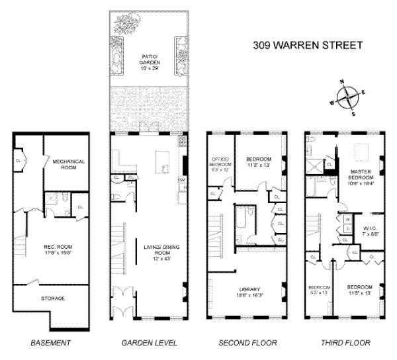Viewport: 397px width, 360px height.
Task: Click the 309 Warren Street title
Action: coord(309,46)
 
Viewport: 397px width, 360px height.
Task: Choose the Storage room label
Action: coord(54,298)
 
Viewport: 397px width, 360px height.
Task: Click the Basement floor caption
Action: coord(50,343)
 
